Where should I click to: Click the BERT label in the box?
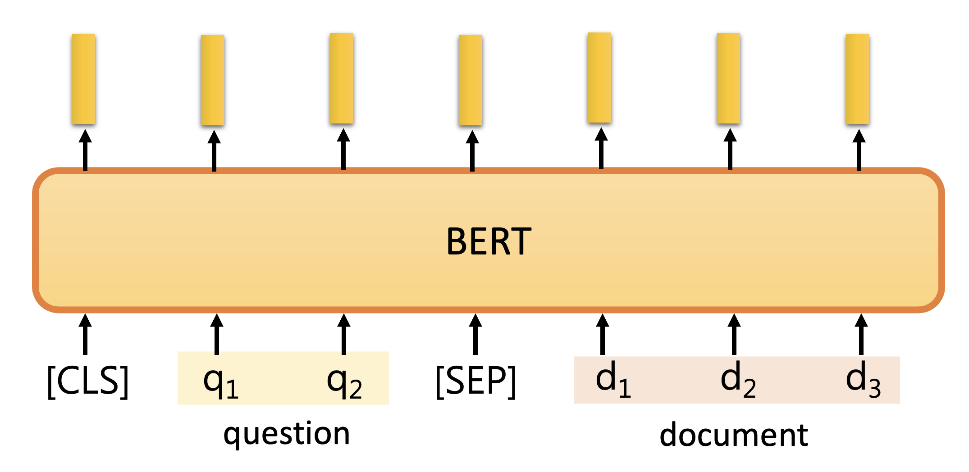click(x=489, y=242)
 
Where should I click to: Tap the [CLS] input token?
click(x=88, y=381)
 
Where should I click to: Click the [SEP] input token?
click(x=475, y=381)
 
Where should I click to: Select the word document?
click(x=734, y=435)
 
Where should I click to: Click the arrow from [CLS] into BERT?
click(x=85, y=334)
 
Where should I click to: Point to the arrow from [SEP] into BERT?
click(x=475, y=334)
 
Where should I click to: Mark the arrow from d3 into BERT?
click(x=861, y=334)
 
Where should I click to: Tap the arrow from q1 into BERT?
click(x=217, y=334)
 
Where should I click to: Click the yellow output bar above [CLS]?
click(x=83, y=79)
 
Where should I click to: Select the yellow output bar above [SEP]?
click(x=470, y=80)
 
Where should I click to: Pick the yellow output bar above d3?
click(x=857, y=79)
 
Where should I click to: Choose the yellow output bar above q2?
click(x=341, y=78)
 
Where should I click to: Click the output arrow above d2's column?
click(x=730, y=149)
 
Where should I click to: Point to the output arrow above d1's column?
click(x=601, y=148)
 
